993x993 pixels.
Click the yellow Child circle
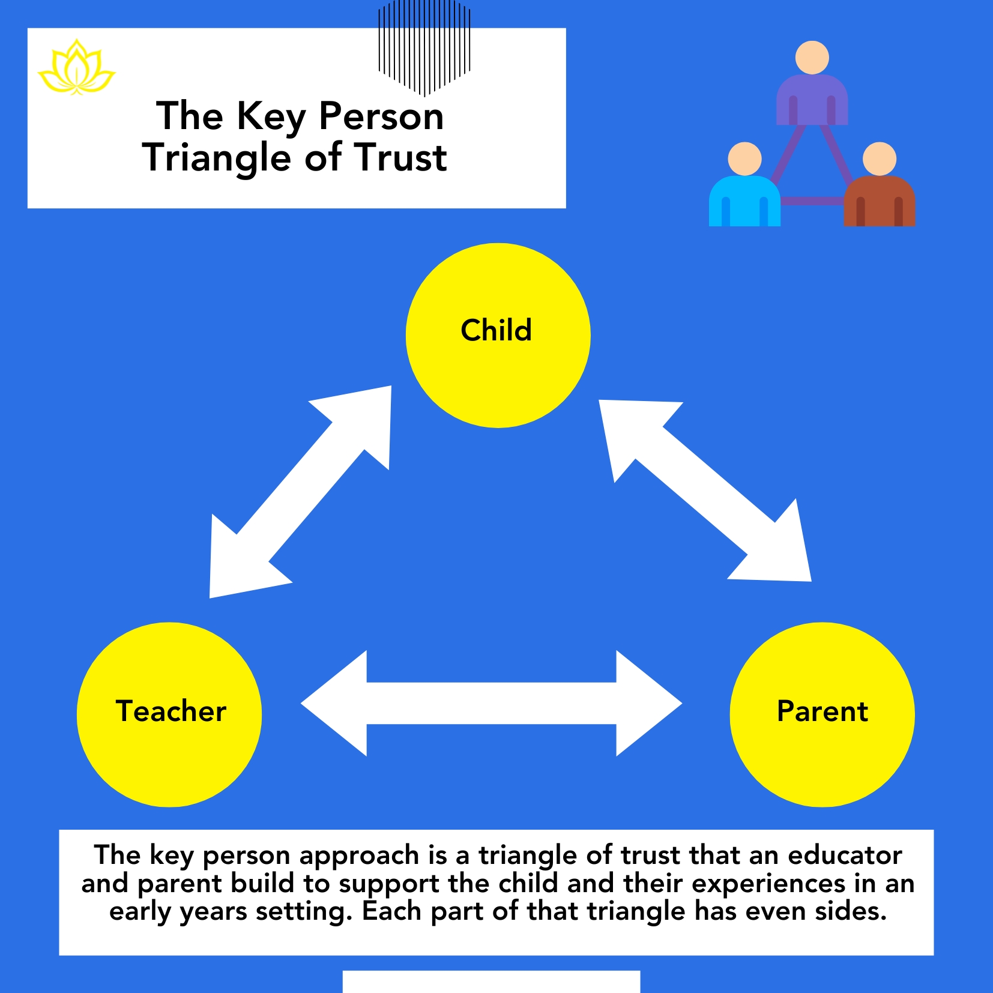point(498,335)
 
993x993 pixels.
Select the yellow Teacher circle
point(169,714)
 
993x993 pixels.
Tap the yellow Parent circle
point(822,714)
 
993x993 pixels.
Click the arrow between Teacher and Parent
point(491,703)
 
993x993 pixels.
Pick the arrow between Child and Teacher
point(300,492)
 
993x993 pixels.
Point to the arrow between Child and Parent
point(705,490)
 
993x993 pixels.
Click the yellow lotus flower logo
point(76,67)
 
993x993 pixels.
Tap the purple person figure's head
point(812,58)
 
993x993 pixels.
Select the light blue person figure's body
point(744,201)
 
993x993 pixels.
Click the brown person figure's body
point(880,201)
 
